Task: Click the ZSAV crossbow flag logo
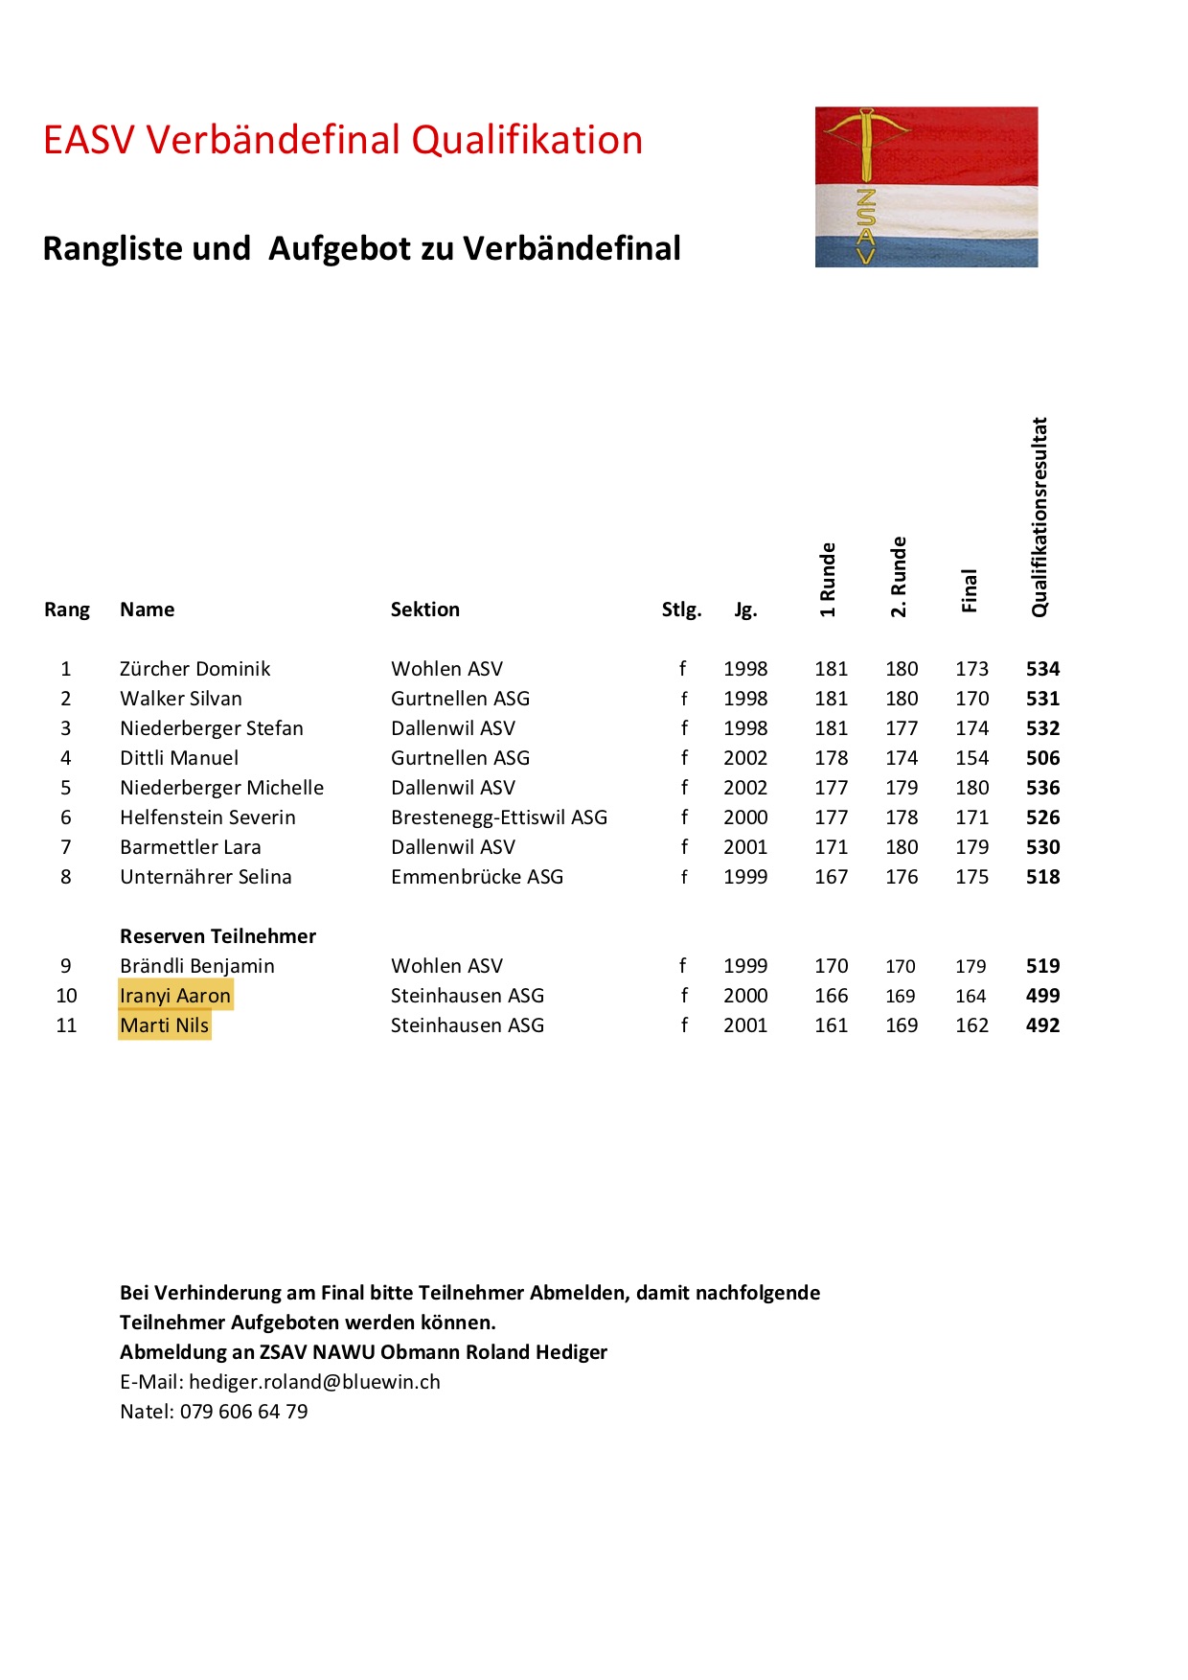[x=925, y=186]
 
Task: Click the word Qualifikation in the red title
[x=527, y=140]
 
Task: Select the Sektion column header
[x=424, y=610]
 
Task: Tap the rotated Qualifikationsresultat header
[x=1039, y=518]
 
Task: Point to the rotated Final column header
[x=969, y=590]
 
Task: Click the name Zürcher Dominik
[x=194, y=669]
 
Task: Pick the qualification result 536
[x=1042, y=788]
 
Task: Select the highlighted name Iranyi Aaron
[x=175, y=996]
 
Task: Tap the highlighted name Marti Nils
[x=165, y=1025]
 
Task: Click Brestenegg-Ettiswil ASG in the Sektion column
[x=498, y=817]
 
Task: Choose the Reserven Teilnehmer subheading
[x=217, y=936]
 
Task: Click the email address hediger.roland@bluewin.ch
[x=314, y=1382]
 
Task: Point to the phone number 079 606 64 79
[x=243, y=1412]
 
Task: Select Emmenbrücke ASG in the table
[x=476, y=877]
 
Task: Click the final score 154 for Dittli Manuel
[x=971, y=758]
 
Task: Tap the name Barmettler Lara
[x=190, y=847]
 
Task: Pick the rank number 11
[x=66, y=1025]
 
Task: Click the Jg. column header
[x=745, y=610]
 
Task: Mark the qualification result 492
[x=1042, y=1025]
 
